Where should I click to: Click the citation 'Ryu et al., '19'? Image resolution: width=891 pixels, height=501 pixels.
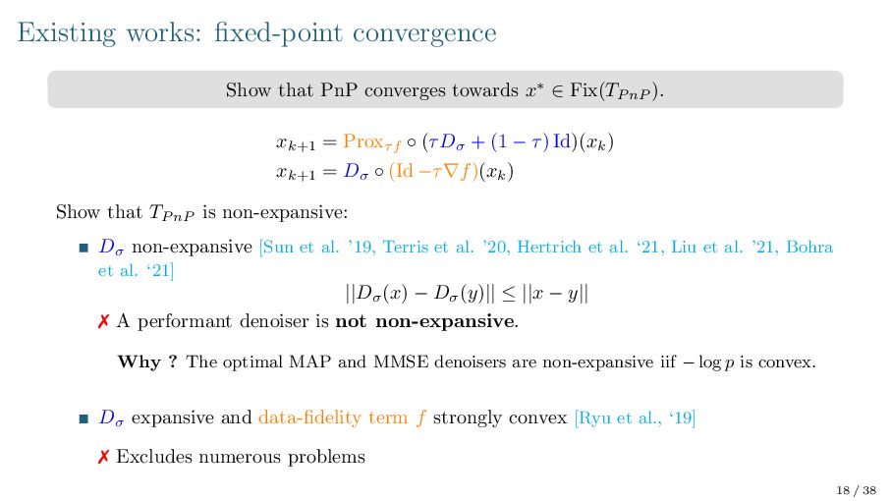pos(637,418)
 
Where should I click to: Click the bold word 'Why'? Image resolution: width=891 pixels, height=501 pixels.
pos(139,362)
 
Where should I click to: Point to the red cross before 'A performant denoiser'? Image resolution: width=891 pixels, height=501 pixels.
pos(103,321)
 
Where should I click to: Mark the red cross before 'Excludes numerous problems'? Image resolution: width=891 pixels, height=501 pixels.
pos(103,457)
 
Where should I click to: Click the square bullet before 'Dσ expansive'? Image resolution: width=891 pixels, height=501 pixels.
pos(84,419)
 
